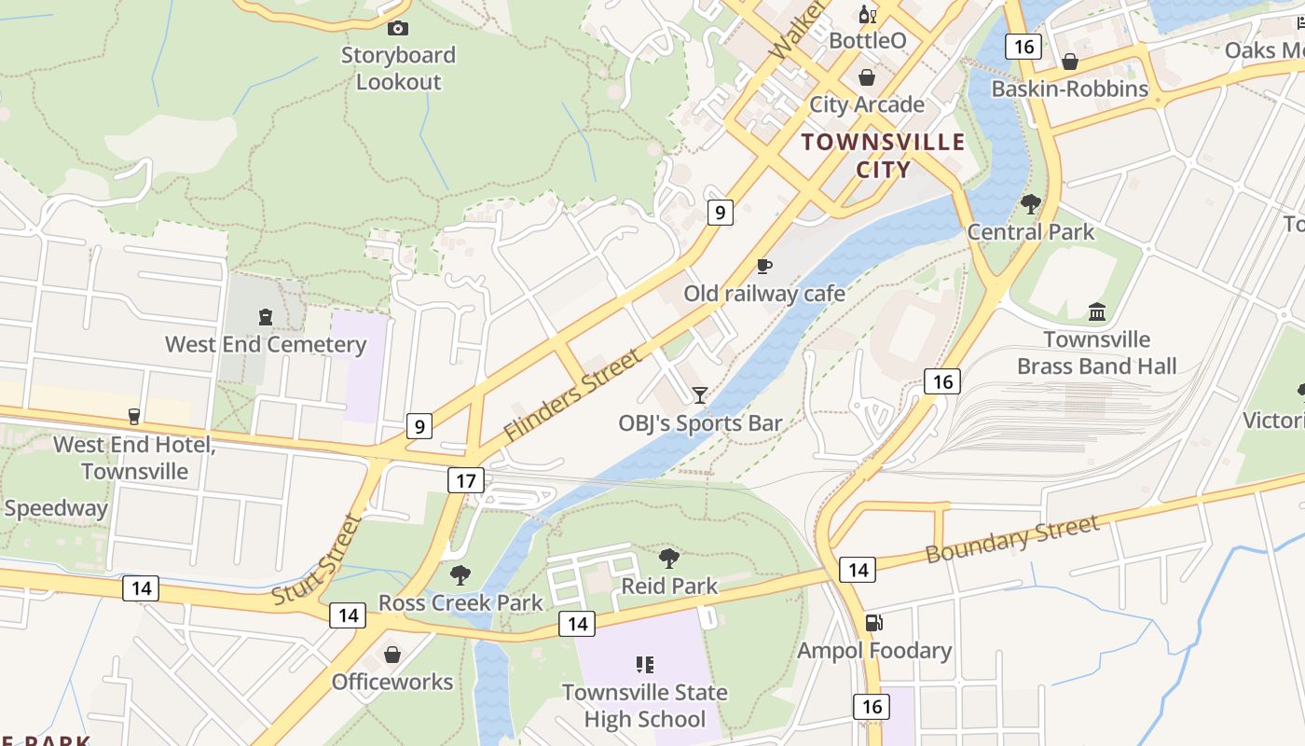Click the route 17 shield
[x=466, y=480]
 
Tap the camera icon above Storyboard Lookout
[x=398, y=29]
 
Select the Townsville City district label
[x=883, y=156]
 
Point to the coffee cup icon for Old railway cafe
[x=764, y=267]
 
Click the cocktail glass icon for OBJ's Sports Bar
[x=700, y=395]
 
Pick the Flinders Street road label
[x=572, y=395]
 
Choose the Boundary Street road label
[x=1012, y=539]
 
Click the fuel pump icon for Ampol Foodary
[x=873, y=623]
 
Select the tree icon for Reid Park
[x=668, y=559]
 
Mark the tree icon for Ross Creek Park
[x=460, y=574]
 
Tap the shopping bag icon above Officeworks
[x=392, y=655]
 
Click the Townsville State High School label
[x=644, y=706]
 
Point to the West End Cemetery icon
[x=266, y=317]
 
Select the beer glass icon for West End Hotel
[x=134, y=416]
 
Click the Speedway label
[x=56, y=508]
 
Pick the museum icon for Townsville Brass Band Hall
[x=1097, y=311]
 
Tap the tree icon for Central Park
[x=1031, y=203]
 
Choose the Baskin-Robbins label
[x=1069, y=89]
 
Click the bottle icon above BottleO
[x=867, y=14]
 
